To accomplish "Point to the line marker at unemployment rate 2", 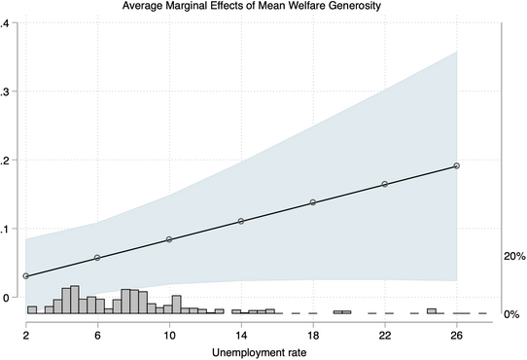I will tap(26, 276).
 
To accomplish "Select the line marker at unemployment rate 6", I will tap(97, 258).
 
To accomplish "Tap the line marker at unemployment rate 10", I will tap(169, 239).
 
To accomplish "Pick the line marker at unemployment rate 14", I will tap(241, 221).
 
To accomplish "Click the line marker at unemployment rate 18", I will tap(313, 202).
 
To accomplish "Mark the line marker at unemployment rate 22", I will tap(385, 184).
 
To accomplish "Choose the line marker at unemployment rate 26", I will tap(457, 165).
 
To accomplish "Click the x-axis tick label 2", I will tap(26, 333).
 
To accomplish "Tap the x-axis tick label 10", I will tap(169, 333).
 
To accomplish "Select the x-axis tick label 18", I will tap(313, 333).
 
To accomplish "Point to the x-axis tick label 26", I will tap(457, 333).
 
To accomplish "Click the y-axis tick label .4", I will tap(5, 23).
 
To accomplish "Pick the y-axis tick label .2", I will tap(5, 161).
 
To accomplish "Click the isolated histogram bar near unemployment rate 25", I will tap(431, 310).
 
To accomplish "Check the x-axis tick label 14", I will tap(241, 333).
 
